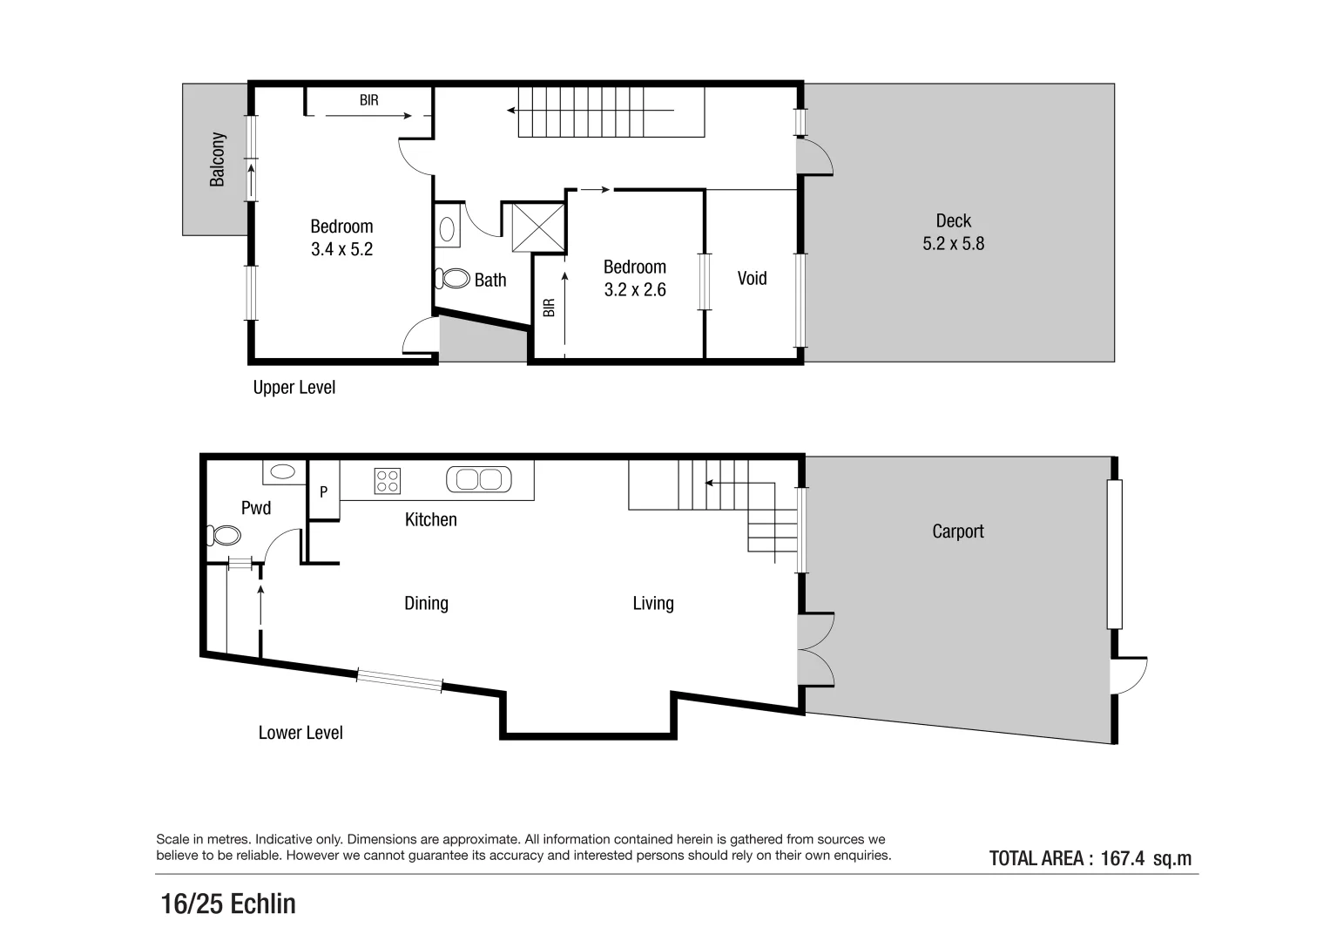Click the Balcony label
point(218,159)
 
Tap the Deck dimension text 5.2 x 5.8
point(953,244)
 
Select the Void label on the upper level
point(752,278)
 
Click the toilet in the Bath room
point(453,279)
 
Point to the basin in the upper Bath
point(447,229)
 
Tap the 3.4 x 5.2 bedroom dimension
point(341,249)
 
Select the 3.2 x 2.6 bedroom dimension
point(635,290)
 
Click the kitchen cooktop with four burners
point(388,480)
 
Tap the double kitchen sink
point(478,479)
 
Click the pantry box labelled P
point(323,492)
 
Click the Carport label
point(957,531)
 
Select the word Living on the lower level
point(653,603)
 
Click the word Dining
point(426,603)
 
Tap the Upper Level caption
point(294,388)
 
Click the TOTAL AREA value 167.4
point(1122,858)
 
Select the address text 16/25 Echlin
point(228,904)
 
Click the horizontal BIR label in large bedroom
point(369,100)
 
